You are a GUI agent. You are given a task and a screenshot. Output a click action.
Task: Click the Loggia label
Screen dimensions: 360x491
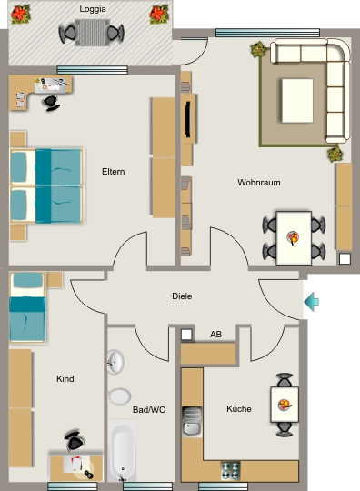pyautogui.click(x=93, y=9)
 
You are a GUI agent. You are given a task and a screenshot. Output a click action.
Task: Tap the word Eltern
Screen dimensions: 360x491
pyautogui.click(x=114, y=172)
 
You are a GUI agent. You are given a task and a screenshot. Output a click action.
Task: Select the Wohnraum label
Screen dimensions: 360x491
pyautogui.click(x=259, y=182)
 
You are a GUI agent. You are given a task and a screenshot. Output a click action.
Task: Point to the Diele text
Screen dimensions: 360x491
pyautogui.click(x=182, y=296)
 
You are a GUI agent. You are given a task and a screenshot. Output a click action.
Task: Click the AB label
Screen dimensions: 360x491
pyautogui.click(x=216, y=335)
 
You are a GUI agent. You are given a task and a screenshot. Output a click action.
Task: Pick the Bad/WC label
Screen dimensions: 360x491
pyautogui.click(x=149, y=409)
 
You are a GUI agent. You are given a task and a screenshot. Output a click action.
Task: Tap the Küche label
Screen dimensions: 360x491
pyautogui.click(x=239, y=408)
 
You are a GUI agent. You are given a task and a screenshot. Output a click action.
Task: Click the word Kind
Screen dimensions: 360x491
pyautogui.click(x=65, y=379)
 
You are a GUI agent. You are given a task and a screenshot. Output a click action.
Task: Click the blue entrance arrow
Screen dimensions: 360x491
pyautogui.click(x=311, y=302)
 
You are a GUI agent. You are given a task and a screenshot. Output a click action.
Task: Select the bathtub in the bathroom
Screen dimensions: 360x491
pyautogui.click(x=123, y=450)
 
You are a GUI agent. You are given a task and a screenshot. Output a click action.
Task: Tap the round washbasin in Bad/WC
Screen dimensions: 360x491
pyautogui.click(x=115, y=362)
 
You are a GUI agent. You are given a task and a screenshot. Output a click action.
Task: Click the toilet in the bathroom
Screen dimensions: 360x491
pyautogui.click(x=119, y=396)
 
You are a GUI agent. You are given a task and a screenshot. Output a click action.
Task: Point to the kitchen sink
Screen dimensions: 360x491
pyautogui.click(x=192, y=422)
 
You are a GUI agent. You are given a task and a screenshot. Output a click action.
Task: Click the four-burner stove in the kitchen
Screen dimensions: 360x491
pyautogui.click(x=230, y=471)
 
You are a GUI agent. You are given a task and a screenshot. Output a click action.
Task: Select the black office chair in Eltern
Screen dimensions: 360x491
pyautogui.click(x=51, y=103)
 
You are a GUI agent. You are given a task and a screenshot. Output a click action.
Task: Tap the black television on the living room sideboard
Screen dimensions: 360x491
pyautogui.click(x=188, y=119)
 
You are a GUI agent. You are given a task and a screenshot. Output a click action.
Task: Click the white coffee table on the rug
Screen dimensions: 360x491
pyautogui.click(x=297, y=101)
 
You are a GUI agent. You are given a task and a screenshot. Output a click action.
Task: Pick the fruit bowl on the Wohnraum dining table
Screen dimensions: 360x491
pyautogui.click(x=293, y=237)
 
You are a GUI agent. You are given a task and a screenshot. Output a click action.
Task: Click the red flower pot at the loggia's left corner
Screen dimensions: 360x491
pyautogui.click(x=20, y=14)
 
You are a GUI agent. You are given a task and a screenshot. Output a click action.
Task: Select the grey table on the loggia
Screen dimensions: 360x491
pyautogui.click(x=93, y=33)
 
